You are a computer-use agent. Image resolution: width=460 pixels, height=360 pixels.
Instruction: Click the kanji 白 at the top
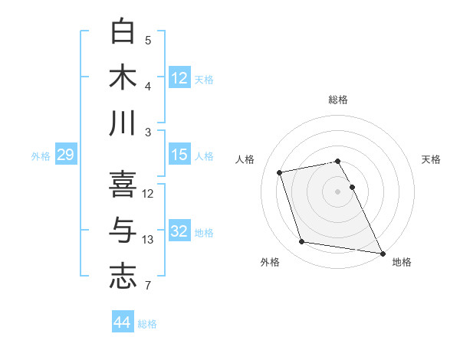click(123, 32)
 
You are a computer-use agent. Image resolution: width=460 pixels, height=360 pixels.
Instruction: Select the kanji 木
click(123, 78)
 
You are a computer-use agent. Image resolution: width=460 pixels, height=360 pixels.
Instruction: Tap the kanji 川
click(123, 124)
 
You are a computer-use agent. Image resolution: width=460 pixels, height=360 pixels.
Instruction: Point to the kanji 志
click(123, 277)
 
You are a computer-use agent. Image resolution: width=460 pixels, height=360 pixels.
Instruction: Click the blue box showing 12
click(179, 78)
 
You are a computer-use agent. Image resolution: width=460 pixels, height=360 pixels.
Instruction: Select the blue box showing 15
click(179, 155)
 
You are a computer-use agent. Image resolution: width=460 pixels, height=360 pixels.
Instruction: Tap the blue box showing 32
click(179, 231)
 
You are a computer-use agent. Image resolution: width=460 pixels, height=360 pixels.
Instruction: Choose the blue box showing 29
click(65, 155)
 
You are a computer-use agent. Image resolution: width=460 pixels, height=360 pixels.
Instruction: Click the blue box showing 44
click(122, 323)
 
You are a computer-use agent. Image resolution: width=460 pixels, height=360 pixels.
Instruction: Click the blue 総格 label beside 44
click(148, 324)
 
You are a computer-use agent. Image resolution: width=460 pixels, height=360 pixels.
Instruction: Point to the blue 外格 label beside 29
click(41, 156)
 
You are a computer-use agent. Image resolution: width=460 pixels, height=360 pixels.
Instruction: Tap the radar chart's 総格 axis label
click(338, 100)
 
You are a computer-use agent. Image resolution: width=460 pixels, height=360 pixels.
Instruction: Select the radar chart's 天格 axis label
click(432, 159)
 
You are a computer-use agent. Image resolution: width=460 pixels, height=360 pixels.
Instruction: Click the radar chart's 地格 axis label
click(402, 263)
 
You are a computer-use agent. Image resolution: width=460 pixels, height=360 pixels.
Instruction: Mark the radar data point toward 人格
click(280, 172)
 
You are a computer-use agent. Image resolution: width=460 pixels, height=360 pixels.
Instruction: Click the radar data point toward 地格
click(382, 253)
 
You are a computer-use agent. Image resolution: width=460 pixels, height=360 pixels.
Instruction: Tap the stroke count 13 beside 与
click(148, 241)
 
